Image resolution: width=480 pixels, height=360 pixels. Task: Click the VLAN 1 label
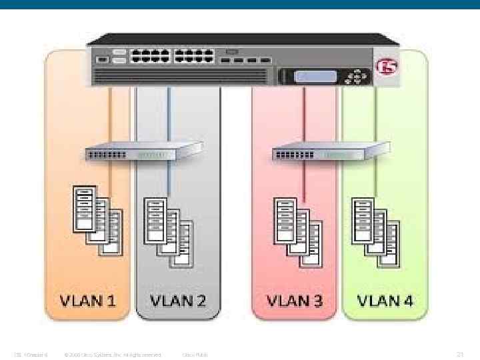tap(89, 300)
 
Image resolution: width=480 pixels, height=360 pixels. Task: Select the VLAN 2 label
tap(178, 300)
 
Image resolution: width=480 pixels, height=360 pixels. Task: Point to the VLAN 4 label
tap(385, 300)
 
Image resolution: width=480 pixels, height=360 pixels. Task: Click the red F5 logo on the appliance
tap(385, 67)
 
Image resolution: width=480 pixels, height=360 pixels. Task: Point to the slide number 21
tap(459, 354)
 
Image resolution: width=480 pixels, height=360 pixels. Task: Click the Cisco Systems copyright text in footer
tap(113, 354)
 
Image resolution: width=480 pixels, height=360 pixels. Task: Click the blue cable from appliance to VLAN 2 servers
tap(169, 120)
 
